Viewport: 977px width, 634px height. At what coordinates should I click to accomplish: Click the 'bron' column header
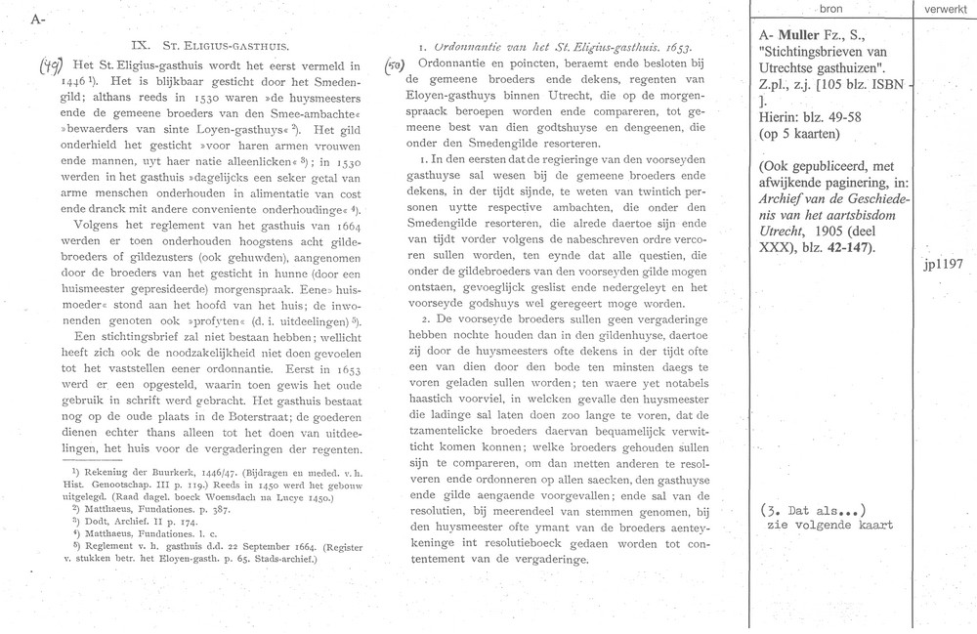point(832,8)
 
